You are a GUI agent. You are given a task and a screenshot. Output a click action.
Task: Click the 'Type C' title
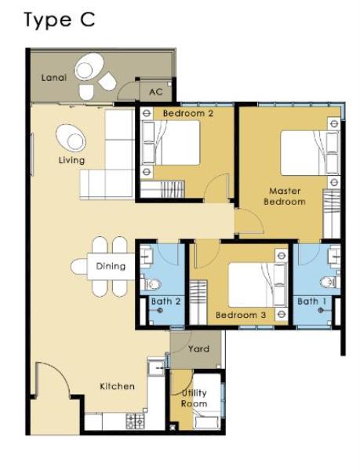[x=59, y=20]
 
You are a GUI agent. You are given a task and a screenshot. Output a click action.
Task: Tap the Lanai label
[x=54, y=78]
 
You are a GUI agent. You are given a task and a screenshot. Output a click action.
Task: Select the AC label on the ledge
[x=156, y=92]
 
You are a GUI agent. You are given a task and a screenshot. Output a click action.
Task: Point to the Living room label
[x=71, y=160]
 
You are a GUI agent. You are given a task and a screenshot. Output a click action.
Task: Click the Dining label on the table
[x=111, y=266]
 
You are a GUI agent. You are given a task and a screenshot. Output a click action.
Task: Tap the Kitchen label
[x=117, y=386]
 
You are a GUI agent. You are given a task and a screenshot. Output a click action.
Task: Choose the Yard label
[x=199, y=349]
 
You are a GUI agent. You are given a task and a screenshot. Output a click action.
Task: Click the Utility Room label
[x=194, y=398]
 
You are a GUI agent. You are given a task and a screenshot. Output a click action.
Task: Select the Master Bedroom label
[x=285, y=196]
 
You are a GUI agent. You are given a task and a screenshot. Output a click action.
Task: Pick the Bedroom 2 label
[x=188, y=113]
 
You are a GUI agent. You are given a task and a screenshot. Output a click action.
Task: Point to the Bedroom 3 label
[x=241, y=315]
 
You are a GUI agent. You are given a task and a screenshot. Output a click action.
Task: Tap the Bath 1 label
[x=311, y=301]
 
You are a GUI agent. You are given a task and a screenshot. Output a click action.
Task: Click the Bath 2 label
[x=166, y=301]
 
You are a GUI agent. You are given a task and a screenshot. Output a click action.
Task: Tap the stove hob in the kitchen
[x=135, y=421]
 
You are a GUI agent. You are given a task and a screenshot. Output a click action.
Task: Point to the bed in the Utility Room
[x=206, y=401]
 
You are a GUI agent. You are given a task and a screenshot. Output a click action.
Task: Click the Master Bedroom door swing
[x=249, y=221]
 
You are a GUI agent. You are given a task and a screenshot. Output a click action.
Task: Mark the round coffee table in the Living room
[x=71, y=138]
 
